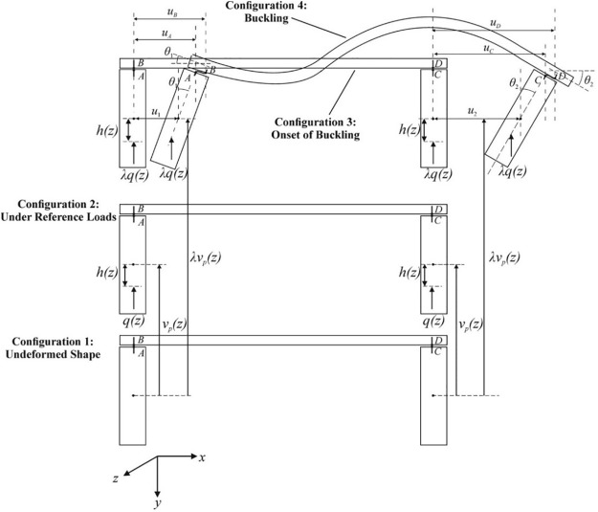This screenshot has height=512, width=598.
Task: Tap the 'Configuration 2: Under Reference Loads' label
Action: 60,211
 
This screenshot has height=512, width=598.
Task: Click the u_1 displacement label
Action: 156,112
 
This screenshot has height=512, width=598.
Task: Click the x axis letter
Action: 203,458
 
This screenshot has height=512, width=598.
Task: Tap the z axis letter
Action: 115,478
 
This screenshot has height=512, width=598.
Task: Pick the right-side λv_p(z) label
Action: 507,256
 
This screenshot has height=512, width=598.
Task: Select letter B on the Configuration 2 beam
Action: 141,209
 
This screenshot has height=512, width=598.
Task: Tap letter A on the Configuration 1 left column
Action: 141,353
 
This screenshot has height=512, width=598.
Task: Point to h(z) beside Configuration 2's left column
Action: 107,275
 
